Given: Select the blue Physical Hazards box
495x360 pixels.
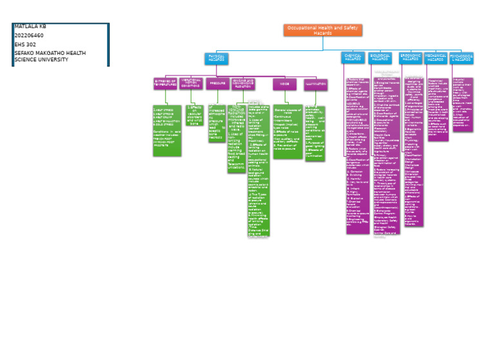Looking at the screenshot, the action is pos(217,58).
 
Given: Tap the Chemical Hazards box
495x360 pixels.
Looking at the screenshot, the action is pos(353,57).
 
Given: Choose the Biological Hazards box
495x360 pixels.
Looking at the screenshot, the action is pos(380,57).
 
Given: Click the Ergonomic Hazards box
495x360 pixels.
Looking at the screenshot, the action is pos(410,57).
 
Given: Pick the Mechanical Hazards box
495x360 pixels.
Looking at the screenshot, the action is pos(436,57).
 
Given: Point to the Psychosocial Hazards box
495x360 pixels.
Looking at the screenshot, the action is pos(461,57).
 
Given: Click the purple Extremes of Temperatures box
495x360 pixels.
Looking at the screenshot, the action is pos(166,83).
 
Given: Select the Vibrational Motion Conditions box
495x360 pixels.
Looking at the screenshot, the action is pos(191,83).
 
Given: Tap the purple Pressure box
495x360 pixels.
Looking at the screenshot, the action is pos(218,83).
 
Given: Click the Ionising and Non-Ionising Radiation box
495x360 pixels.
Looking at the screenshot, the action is pos(247,83).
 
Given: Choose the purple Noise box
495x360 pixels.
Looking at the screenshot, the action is pos(284,83).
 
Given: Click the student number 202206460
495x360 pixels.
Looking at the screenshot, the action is pos(29,35).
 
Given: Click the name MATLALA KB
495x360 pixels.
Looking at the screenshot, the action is pos(30,26).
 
